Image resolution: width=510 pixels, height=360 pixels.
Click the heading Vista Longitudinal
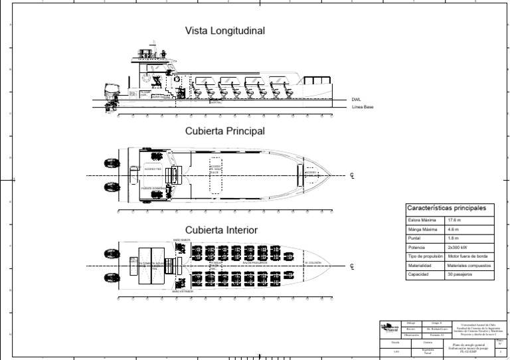click(225, 31)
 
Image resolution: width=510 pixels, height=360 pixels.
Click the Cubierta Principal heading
click(224, 131)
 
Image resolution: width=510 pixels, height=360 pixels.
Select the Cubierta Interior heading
click(221, 230)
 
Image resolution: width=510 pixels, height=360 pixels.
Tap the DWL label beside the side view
click(357, 100)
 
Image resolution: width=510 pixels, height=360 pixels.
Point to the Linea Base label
click(363, 107)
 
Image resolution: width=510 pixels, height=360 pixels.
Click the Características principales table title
click(446, 208)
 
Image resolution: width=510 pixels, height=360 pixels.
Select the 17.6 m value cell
click(454, 220)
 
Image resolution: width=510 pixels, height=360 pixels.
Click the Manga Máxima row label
click(420, 229)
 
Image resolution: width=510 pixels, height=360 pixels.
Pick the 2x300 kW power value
click(458, 247)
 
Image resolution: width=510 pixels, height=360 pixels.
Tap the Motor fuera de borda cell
click(469, 256)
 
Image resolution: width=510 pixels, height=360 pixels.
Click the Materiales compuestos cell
click(469, 265)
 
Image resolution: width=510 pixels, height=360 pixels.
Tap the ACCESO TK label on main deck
click(153, 169)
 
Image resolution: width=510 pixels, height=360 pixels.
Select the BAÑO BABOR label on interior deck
click(182, 239)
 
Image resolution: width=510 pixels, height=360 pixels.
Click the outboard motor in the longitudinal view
click(110, 96)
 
